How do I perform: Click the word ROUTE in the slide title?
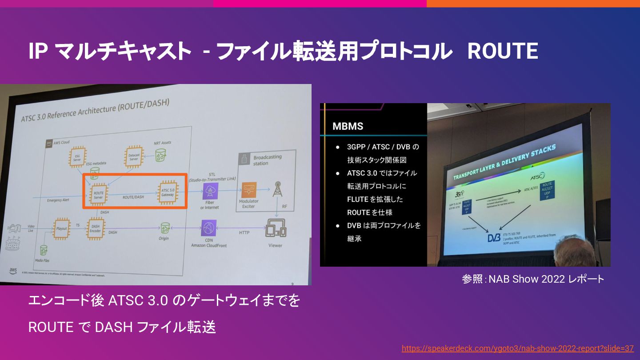point(503,52)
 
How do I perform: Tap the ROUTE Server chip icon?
point(98,194)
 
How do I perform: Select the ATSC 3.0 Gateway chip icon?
point(168,192)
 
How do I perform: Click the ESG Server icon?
point(77,156)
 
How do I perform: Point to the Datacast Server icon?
point(134,155)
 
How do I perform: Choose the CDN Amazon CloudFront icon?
point(209,228)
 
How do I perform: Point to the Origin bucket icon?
point(165,228)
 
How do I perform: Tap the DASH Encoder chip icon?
point(96,228)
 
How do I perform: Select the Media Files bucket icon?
point(44,250)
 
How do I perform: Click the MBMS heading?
point(348,126)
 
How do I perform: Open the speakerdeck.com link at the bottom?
point(517,348)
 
